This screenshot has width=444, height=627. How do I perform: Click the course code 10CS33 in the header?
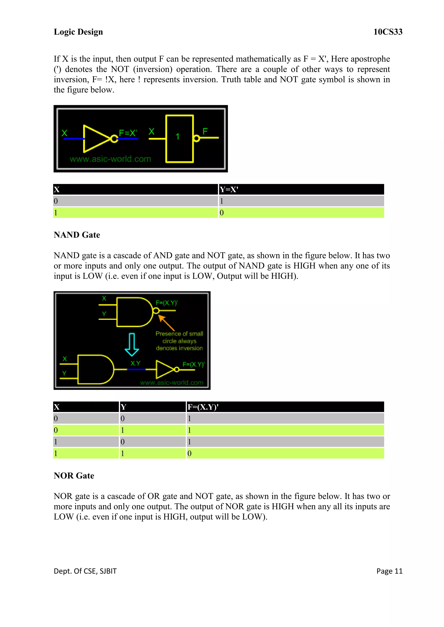click(x=388, y=32)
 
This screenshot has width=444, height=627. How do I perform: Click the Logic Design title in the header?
click(x=78, y=32)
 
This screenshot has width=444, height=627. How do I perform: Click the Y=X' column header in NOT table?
click(x=229, y=189)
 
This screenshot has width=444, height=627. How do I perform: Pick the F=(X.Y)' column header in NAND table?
click(x=203, y=407)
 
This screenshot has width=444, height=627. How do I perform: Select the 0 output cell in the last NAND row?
click(x=189, y=453)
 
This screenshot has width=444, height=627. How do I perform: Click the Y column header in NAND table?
click(x=124, y=407)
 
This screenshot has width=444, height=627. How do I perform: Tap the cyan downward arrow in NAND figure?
click(x=132, y=345)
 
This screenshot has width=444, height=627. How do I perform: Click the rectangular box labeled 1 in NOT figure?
click(x=179, y=139)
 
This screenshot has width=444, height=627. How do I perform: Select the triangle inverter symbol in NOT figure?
click(x=96, y=139)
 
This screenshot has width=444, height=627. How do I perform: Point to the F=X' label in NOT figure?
click(x=128, y=133)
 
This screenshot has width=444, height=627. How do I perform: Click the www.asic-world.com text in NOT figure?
click(x=110, y=159)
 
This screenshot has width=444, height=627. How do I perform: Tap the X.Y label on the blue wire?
click(x=135, y=363)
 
